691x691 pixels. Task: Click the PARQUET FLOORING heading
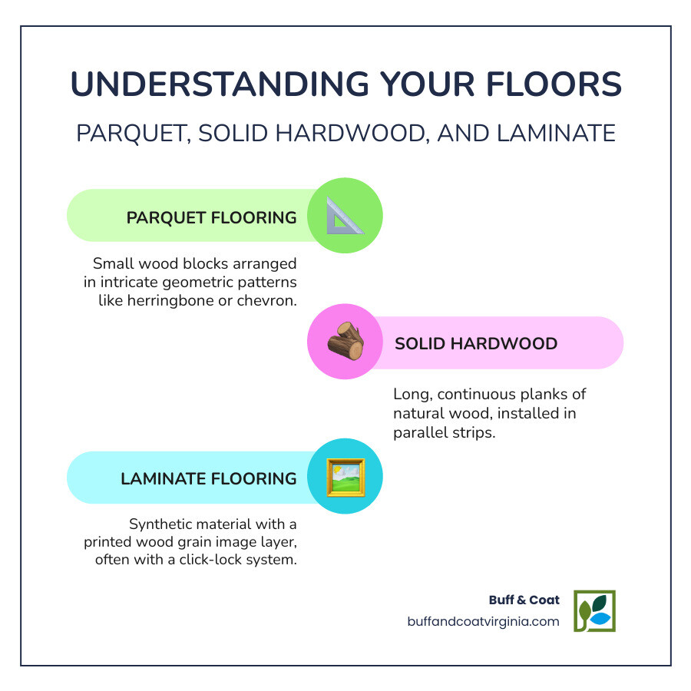coord(211,217)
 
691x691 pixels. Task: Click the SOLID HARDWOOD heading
coord(476,343)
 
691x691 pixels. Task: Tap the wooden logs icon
coord(345,342)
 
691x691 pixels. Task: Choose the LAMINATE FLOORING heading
coord(208,478)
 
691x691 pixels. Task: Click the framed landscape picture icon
coord(345,477)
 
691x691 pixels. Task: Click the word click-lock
coord(217,560)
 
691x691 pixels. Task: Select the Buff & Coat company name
coord(524,600)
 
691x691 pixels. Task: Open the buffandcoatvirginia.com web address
coord(484,622)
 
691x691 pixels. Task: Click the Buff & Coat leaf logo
coord(594,611)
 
